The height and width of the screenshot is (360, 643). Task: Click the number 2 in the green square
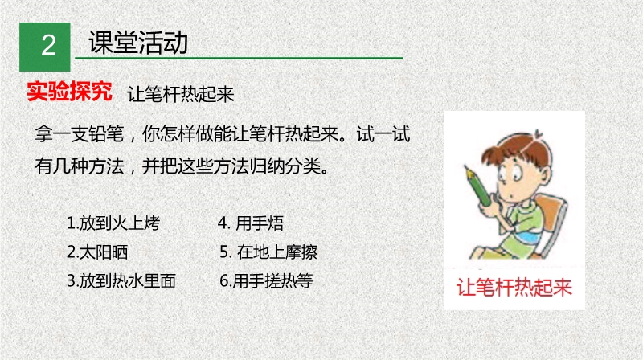pos(48,45)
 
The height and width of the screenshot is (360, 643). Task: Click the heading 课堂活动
pos(138,43)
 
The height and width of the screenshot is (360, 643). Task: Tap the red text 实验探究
pos(69,91)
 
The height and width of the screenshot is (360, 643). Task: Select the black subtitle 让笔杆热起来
pos(180,95)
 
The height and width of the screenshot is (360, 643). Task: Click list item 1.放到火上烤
pos(113,223)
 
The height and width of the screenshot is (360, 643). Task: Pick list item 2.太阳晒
pos(97,252)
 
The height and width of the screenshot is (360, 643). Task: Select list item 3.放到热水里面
pos(121,281)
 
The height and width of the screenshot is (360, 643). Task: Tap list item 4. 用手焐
pos(251,223)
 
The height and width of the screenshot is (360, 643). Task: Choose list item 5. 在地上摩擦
pos(268,252)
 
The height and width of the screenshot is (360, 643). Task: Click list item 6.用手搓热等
pos(266,281)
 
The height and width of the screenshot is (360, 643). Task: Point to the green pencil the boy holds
pos(477,185)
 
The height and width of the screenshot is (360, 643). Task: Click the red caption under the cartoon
pos(514,287)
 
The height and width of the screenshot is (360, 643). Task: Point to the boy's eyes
pos(510,173)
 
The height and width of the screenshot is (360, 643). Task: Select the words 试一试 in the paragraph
pos(383,134)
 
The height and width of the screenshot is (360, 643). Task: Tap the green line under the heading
pos(239,58)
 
